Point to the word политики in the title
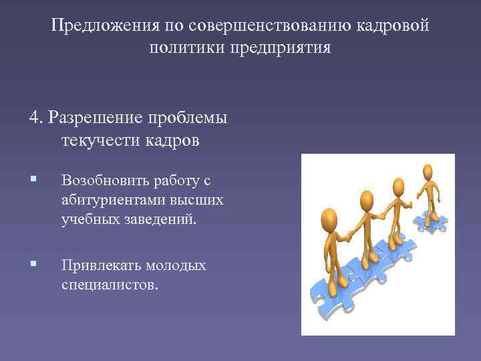coord(188,49)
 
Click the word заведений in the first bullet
coord(161,219)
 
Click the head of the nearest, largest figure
coord(329,218)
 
